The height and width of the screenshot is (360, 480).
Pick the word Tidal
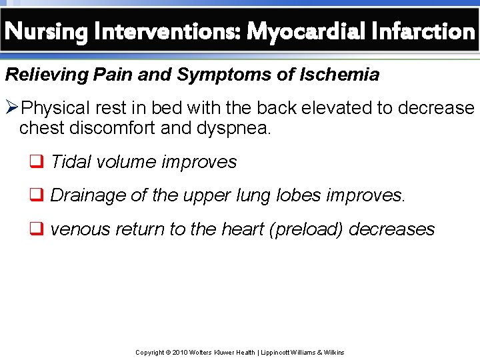click(x=69, y=162)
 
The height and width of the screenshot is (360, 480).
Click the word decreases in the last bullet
click(x=392, y=229)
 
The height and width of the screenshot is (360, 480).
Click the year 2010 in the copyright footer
click(x=180, y=352)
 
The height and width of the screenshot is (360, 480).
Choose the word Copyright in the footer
click(x=150, y=352)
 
